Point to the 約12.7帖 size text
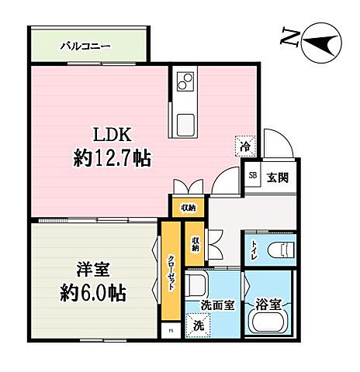tap(112, 160)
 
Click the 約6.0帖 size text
tap(92, 295)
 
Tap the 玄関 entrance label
tap(278, 177)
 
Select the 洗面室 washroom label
tap(216, 305)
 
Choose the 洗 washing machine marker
tap(198, 325)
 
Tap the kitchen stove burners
tap(185, 81)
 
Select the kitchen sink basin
tap(185, 122)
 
